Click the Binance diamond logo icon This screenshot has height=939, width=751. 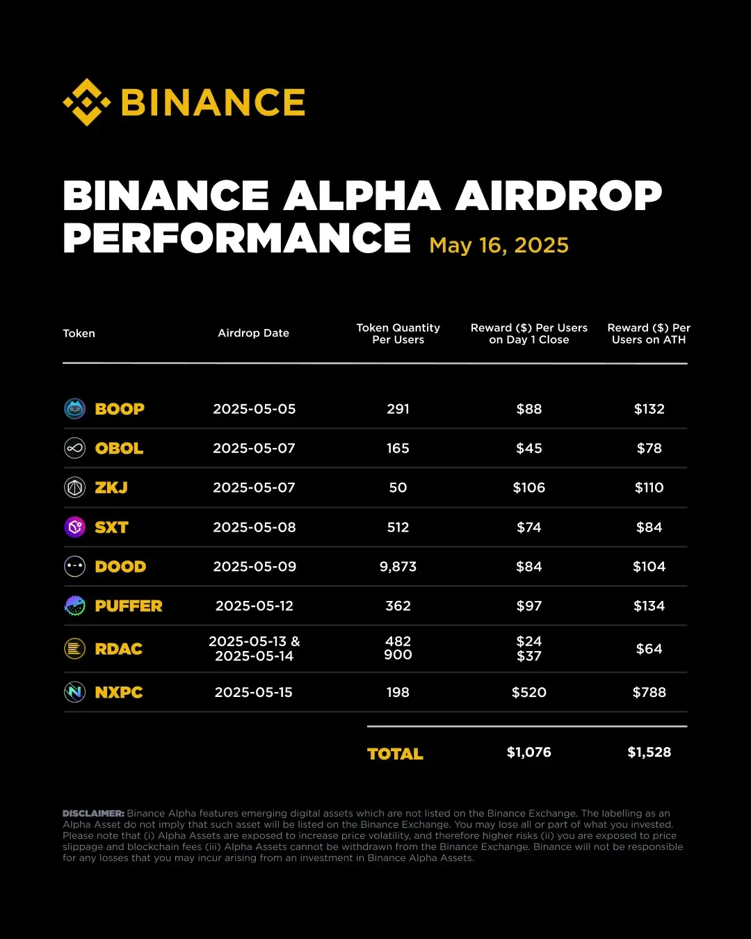tap(87, 102)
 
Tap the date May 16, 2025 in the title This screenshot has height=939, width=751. tap(499, 246)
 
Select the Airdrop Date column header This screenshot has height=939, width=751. tap(253, 333)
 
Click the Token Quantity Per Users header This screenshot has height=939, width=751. tap(398, 334)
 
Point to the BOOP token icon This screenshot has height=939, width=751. tap(74, 409)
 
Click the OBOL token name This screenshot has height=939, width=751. tap(119, 449)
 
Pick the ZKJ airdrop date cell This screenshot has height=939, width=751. tap(254, 488)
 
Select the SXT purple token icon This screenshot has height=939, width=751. tap(74, 527)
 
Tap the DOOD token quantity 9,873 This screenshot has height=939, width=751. tap(398, 567)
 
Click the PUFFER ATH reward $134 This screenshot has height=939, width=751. tap(649, 607)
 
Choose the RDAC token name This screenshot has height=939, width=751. tap(118, 649)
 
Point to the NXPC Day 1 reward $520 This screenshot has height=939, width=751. tap(528, 693)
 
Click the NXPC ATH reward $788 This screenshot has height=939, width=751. tap(649, 693)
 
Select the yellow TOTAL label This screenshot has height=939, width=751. tap(395, 754)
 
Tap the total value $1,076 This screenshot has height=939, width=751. tap(528, 753)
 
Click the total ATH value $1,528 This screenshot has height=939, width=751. tap(649, 753)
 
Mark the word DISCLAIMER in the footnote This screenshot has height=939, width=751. tap(93, 813)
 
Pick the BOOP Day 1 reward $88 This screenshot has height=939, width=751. tap(528, 409)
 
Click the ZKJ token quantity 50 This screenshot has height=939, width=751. tap(398, 488)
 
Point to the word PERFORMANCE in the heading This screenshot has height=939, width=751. tap(236, 238)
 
